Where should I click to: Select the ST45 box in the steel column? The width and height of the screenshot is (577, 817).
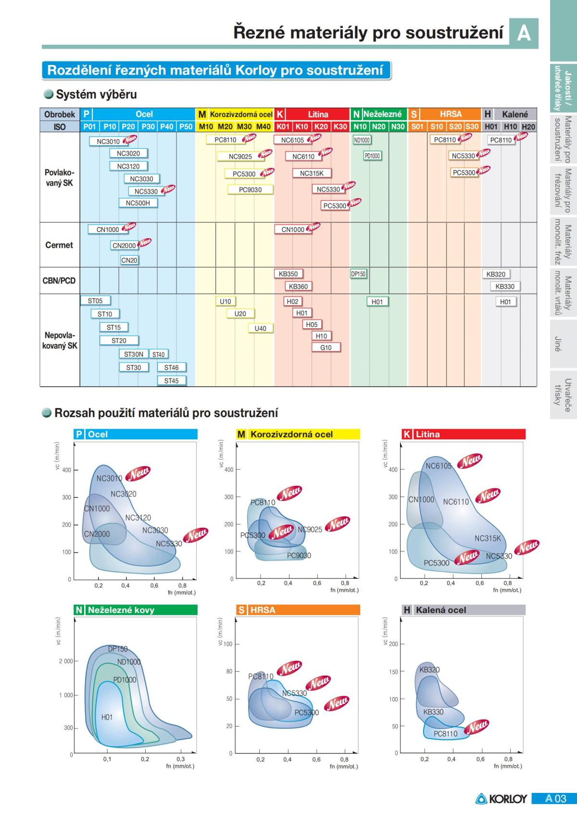pos(171,381)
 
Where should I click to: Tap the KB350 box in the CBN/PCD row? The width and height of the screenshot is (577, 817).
pos(288,274)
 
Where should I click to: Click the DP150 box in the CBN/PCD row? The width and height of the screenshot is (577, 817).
pos(358,274)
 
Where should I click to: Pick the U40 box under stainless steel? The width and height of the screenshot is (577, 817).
pos(260,328)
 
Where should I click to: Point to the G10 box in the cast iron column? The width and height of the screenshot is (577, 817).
pos(326,347)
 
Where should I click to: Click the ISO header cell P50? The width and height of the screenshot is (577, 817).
pos(185,127)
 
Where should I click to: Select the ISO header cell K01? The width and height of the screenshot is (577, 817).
pos(283,127)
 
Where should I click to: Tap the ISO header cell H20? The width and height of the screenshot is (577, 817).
pos(528,127)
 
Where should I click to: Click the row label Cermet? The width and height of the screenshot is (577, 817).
pos(59,245)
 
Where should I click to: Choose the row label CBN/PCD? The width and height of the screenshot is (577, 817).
pos(59,281)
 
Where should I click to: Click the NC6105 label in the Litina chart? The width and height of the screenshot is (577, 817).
pos(439,466)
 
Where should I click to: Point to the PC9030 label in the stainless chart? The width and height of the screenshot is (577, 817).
pos(299,555)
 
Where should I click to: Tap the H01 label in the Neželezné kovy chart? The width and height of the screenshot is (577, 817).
pos(107,717)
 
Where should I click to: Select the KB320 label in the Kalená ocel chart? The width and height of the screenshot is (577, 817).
pos(429,670)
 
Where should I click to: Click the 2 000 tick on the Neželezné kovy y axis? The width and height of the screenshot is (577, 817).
pos(66,661)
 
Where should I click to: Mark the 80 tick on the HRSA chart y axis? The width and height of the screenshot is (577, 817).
pos(229,671)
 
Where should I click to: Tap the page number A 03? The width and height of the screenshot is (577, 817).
pos(556,799)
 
